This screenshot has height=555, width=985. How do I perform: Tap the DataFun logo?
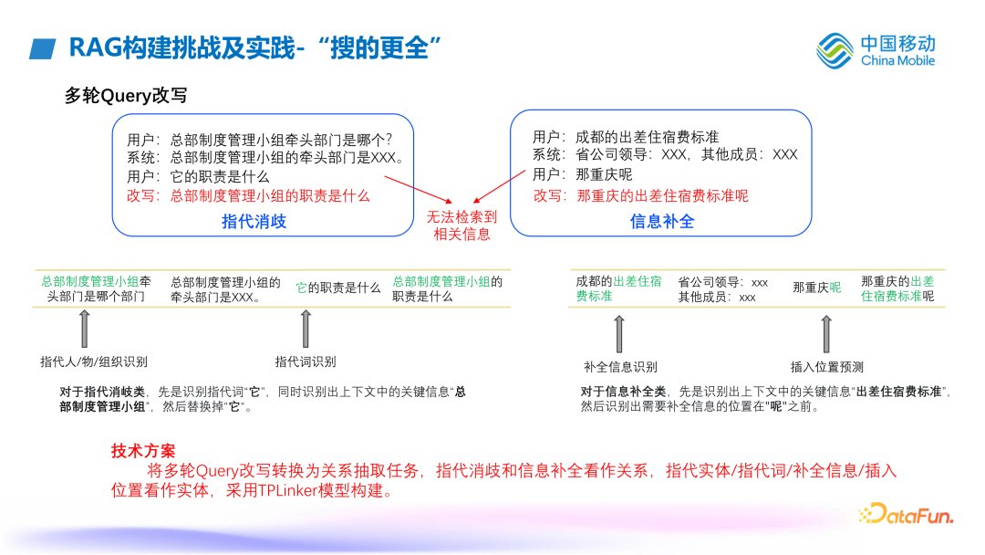point(907,514)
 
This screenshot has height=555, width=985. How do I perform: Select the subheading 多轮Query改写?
point(126,95)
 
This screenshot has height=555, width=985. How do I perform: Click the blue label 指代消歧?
point(254,221)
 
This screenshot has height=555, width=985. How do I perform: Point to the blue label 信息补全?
point(662,221)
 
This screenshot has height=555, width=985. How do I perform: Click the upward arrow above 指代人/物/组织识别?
point(86,326)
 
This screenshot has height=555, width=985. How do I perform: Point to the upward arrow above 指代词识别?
point(306,326)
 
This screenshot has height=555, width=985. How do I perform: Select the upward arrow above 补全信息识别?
point(619,331)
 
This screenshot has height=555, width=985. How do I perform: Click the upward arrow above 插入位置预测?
point(826,331)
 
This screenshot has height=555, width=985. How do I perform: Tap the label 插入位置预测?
point(826,367)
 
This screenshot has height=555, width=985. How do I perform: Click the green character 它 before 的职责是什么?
point(301,288)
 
